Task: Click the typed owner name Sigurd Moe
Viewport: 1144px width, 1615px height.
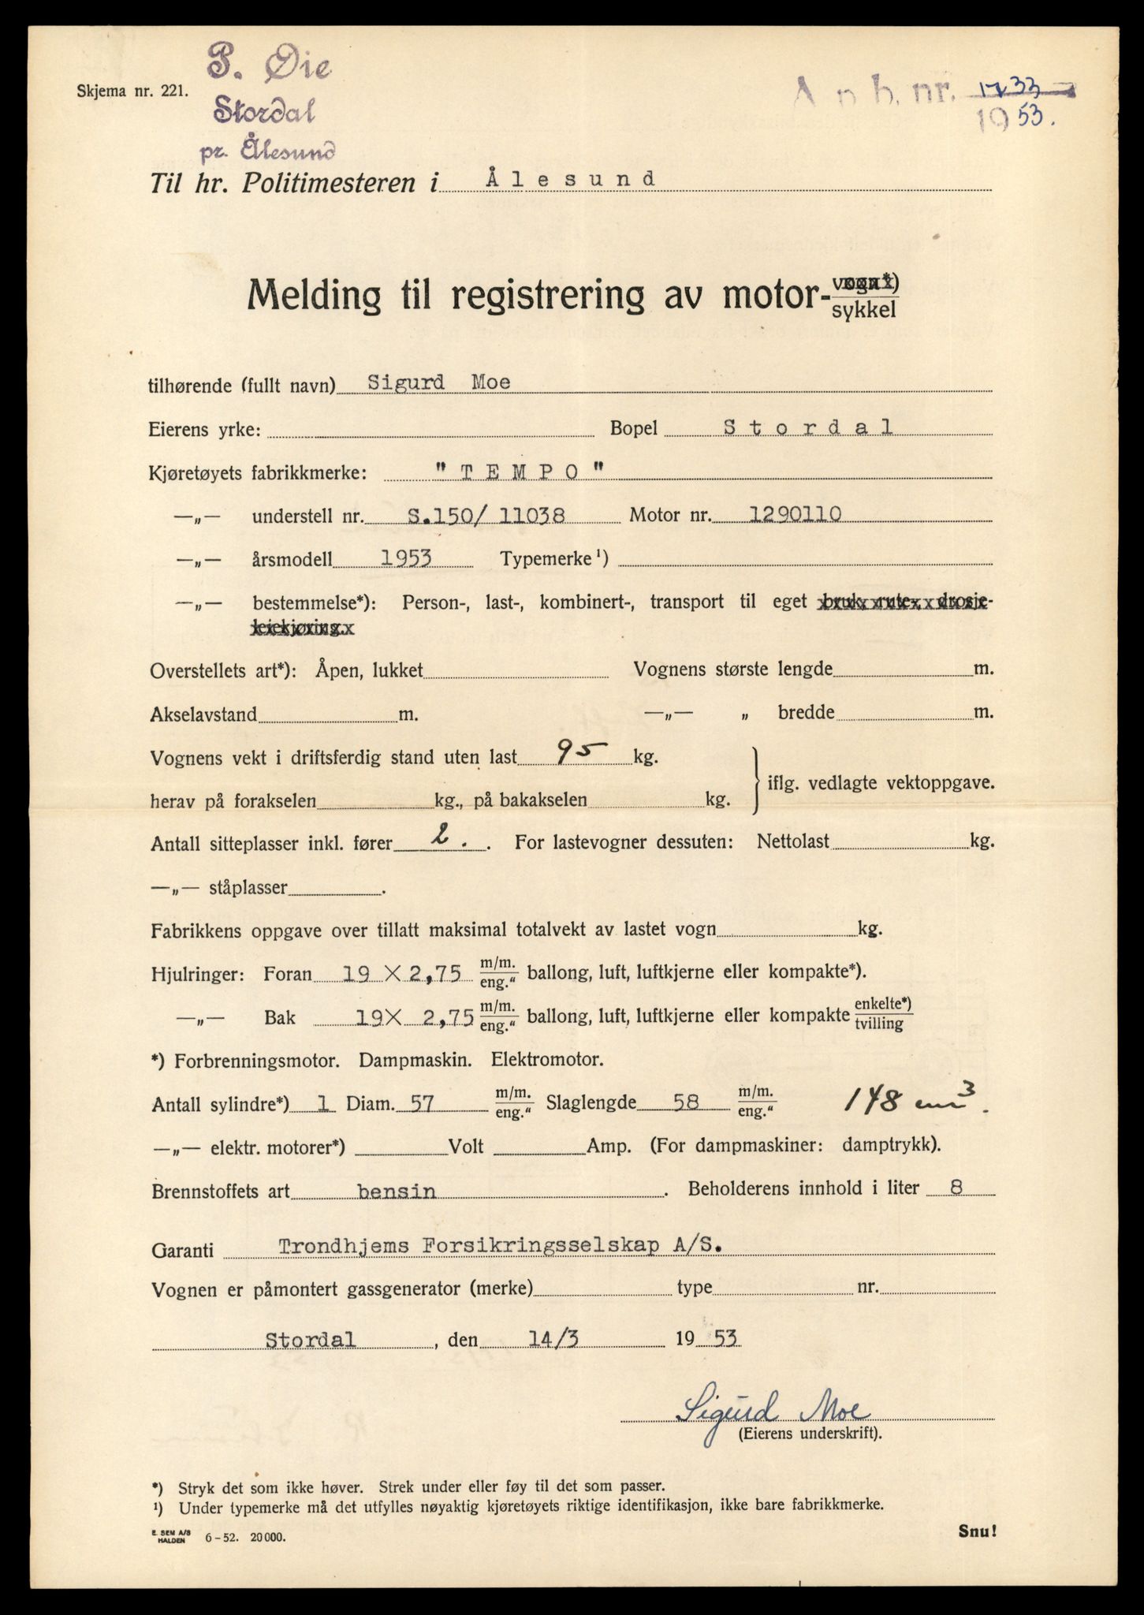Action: pyautogui.click(x=438, y=382)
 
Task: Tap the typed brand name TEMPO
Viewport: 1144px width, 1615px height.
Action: pyautogui.click(x=520, y=472)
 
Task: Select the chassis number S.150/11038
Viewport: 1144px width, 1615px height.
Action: pyautogui.click(x=486, y=516)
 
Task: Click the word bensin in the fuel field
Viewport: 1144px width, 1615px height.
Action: pyautogui.click(x=396, y=1191)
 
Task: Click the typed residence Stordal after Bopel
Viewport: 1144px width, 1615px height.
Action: pyautogui.click(x=808, y=427)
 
